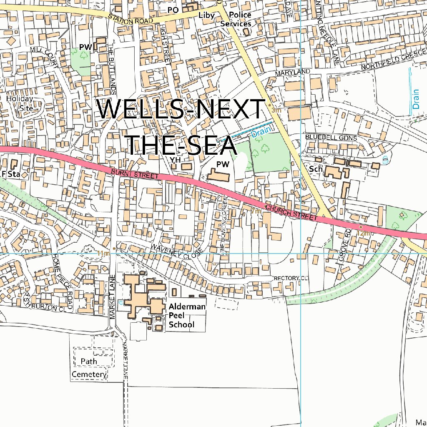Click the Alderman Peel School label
187,316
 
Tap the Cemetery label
89,374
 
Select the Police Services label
236,20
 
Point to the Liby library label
206,15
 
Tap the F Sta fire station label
11,173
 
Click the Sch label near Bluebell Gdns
316,169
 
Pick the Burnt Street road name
135,174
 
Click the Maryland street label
292,73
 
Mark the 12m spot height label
363,233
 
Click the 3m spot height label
276,111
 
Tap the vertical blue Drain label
416,100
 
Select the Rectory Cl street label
291,278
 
